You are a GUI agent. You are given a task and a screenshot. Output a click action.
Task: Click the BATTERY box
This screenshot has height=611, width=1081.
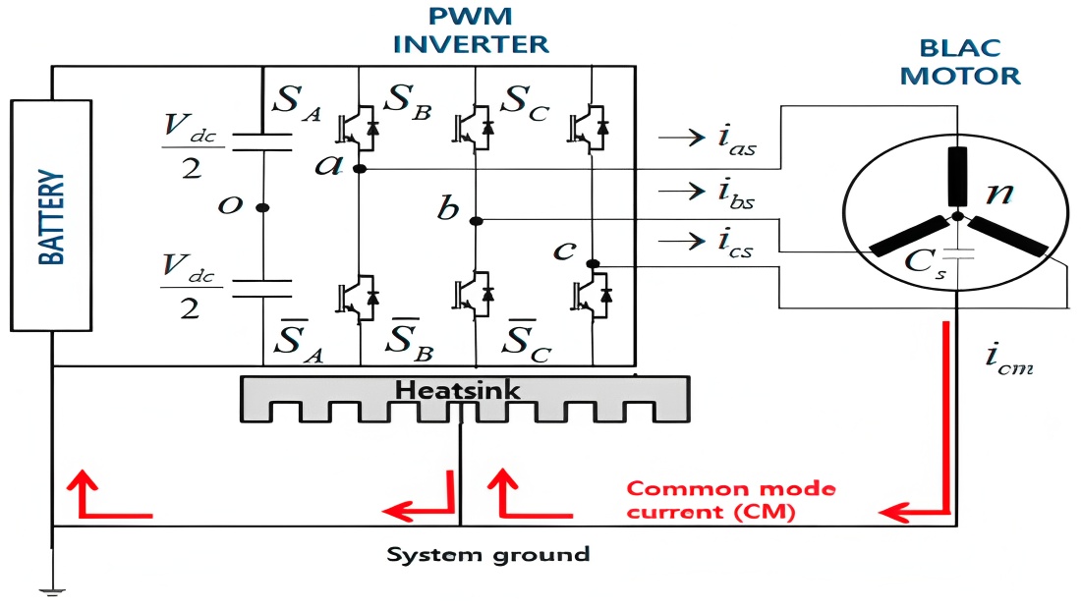51,215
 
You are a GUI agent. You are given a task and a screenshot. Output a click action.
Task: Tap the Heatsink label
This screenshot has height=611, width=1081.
458,391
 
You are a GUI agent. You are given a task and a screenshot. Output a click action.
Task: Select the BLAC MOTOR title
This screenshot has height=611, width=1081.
960,61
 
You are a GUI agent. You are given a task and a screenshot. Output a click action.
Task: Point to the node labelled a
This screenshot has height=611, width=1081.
359,169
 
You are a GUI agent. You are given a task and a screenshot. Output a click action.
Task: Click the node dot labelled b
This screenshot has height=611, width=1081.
476,220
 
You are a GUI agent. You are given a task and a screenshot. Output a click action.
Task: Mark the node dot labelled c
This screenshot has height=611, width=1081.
592,263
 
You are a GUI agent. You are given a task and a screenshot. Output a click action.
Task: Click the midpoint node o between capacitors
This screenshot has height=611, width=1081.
261,207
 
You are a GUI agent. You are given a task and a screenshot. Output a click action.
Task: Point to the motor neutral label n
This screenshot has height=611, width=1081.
999,192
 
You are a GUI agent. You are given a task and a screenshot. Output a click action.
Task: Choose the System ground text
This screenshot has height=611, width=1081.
487,554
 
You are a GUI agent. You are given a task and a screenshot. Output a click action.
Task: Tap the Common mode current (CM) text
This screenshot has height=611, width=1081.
730,499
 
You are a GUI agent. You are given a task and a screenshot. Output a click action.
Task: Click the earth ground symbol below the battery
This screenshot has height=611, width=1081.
51,590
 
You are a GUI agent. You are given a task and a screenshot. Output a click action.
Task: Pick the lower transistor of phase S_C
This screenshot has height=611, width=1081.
592,293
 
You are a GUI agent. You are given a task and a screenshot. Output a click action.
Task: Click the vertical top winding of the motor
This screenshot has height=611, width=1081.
956,176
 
